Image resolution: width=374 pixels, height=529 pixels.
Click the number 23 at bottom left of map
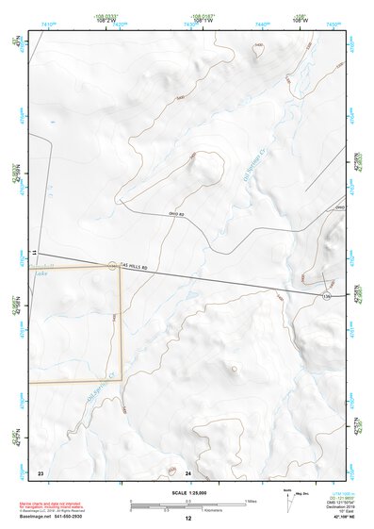41,471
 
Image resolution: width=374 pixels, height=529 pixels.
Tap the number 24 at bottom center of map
188,471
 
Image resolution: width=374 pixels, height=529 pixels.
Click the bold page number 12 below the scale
188,518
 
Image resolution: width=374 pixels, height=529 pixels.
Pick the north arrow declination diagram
289,503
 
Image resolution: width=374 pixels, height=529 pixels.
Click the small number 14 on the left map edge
32,254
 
